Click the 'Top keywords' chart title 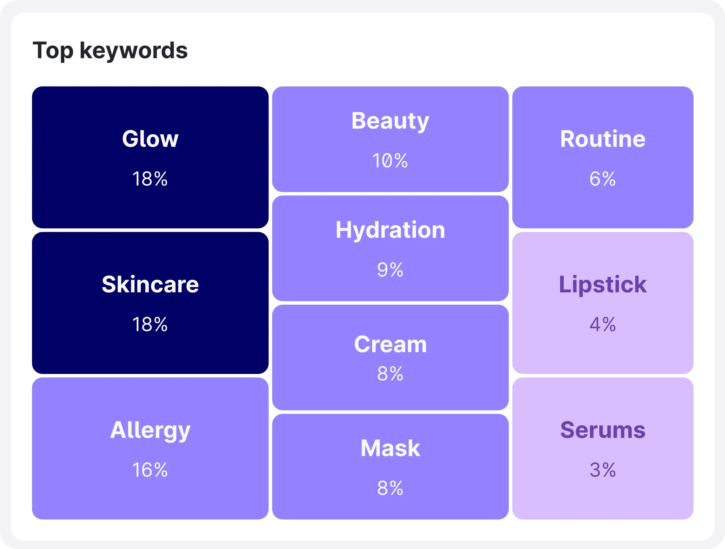(x=110, y=51)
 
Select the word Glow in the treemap (x=150, y=139)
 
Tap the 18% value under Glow (x=150, y=179)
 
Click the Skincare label (x=150, y=284)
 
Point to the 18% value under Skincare (x=150, y=325)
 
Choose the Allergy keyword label (x=150, y=430)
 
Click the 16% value (x=150, y=470)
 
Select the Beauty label (x=390, y=121)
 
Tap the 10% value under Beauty (x=390, y=161)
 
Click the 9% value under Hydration (x=390, y=270)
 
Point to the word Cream (x=390, y=345)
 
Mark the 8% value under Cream (x=390, y=374)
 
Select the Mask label (x=390, y=448)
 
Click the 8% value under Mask (x=390, y=488)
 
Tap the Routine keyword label (x=602, y=139)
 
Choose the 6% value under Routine (x=602, y=179)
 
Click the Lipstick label (x=602, y=284)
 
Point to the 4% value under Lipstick (x=602, y=325)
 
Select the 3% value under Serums (x=602, y=470)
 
